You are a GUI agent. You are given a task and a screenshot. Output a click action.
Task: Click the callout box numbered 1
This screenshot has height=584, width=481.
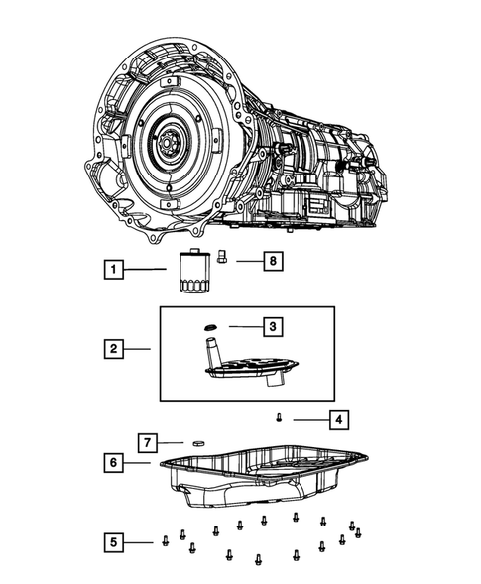[116, 269]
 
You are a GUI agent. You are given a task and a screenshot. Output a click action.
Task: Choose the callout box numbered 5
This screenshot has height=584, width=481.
[116, 541]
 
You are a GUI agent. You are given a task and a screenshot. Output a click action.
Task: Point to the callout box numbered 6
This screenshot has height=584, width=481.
[116, 462]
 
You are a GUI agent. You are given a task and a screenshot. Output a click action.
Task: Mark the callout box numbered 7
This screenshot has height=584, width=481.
[147, 440]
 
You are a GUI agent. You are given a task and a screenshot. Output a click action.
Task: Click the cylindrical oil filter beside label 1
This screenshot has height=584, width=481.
[185, 271]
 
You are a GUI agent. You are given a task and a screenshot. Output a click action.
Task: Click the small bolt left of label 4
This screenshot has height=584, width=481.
[281, 420]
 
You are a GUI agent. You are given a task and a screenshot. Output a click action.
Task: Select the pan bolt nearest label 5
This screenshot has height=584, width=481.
[165, 541]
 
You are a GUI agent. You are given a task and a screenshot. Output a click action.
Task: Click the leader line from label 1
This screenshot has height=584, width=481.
[150, 269]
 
